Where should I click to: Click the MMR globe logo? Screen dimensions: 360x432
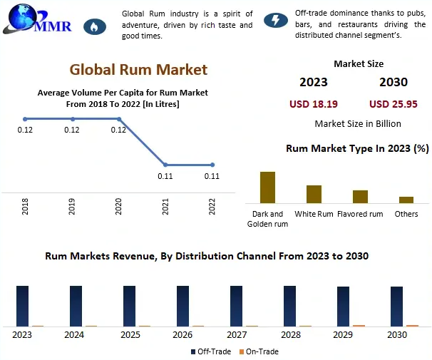click(x=20, y=17)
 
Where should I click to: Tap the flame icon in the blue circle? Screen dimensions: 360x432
click(x=93, y=26)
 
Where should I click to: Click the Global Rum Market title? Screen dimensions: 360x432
click(x=138, y=69)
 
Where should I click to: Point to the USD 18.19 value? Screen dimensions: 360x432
click(x=313, y=104)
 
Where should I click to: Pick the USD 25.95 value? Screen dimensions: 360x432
click(x=394, y=104)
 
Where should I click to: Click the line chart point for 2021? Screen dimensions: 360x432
click(x=166, y=165)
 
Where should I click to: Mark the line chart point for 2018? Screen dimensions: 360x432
click(x=25, y=119)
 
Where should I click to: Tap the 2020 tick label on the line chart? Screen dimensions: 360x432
click(x=118, y=206)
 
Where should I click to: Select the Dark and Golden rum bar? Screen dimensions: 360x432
click(x=267, y=187)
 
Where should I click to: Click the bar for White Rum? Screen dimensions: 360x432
click(x=314, y=194)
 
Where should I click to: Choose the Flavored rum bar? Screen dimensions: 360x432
click(x=360, y=197)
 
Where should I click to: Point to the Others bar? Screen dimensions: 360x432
click(x=406, y=200)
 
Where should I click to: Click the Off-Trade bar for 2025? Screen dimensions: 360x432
click(x=129, y=306)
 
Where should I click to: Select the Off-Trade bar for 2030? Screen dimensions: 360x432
click(x=396, y=307)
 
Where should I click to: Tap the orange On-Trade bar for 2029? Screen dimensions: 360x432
click(x=359, y=325)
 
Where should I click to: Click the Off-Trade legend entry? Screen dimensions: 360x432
click(x=211, y=351)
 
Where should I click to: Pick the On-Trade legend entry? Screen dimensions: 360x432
click(x=259, y=351)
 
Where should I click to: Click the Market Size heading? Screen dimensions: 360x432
click(x=358, y=63)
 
